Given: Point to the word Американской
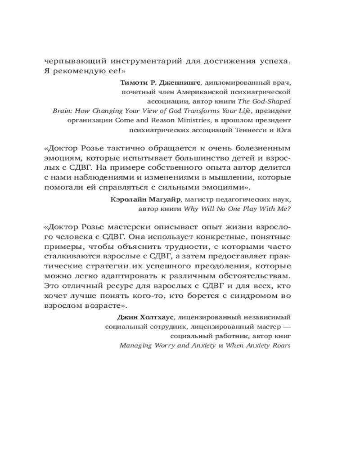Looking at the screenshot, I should coord(192,92).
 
